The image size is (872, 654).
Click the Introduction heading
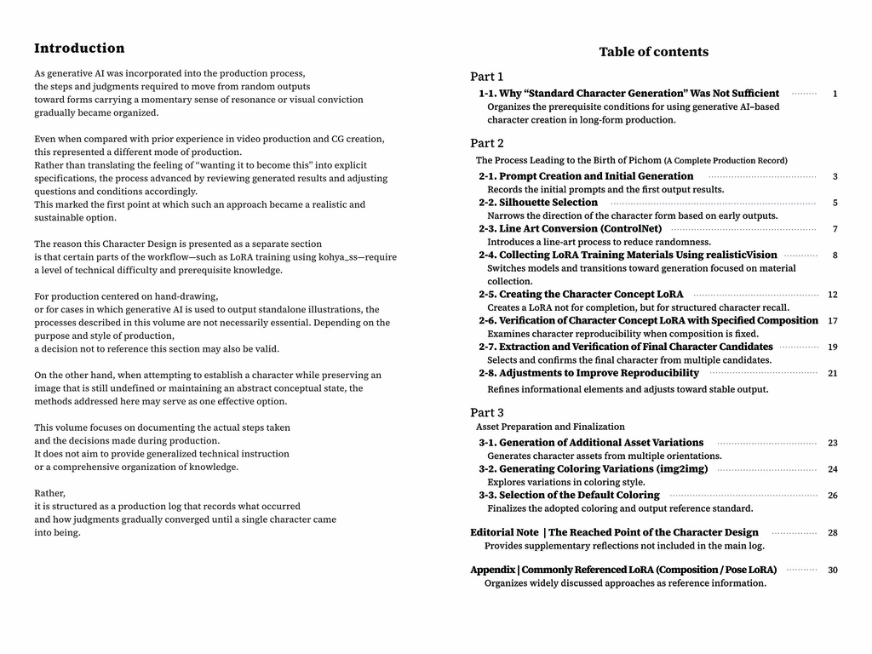tap(79, 49)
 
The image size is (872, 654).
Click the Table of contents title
tap(653, 52)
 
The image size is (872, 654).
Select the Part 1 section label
tap(486, 77)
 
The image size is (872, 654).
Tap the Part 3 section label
tap(486, 413)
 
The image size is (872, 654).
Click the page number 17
tap(832, 321)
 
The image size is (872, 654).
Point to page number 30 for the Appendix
tap(832, 571)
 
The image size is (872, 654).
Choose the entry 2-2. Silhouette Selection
tap(538, 203)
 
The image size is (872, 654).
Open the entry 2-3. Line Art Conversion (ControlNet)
tap(570, 229)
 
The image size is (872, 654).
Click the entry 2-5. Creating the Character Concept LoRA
tap(581, 295)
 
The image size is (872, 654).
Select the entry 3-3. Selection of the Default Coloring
tap(569, 496)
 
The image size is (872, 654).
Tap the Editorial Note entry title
tap(614, 533)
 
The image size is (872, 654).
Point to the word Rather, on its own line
tap(49, 494)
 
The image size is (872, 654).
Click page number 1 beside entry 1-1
tap(835, 95)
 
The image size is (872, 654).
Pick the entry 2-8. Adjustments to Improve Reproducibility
tap(588, 373)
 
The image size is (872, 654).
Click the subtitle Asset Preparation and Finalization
tap(550, 427)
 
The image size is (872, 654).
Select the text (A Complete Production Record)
tap(726, 161)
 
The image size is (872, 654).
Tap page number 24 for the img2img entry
tap(832, 469)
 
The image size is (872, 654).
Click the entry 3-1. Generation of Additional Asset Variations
tap(591, 443)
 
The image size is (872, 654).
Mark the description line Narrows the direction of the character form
tap(632, 216)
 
